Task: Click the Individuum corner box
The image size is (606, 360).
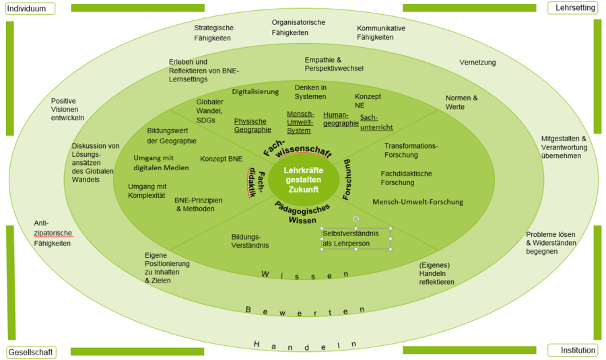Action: tap(30, 9)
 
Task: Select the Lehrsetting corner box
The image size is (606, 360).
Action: tap(574, 8)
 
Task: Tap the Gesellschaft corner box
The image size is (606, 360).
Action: tap(32, 352)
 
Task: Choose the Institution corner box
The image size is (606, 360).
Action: tap(573, 350)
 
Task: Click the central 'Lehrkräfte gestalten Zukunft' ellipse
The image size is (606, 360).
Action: tap(302, 180)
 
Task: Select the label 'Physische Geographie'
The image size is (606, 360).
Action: tap(252, 126)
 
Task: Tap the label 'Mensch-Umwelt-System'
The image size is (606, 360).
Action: tap(300, 122)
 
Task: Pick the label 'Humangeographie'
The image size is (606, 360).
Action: tap(341, 119)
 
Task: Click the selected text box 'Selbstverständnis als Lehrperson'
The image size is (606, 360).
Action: tap(356, 238)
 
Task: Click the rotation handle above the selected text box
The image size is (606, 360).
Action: tap(356, 219)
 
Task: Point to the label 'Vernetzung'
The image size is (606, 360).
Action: tap(477, 63)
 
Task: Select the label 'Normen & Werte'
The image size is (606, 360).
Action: tap(461, 102)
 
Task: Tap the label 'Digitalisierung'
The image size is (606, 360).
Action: tap(255, 92)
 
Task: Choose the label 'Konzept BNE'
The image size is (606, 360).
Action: tap(221, 159)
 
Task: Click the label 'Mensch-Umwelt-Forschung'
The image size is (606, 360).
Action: tap(417, 202)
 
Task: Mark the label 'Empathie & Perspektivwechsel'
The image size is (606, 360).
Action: tap(334, 64)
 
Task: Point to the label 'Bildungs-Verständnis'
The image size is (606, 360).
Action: tap(250, 241)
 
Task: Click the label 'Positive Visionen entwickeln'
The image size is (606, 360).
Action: tap(68, 109)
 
